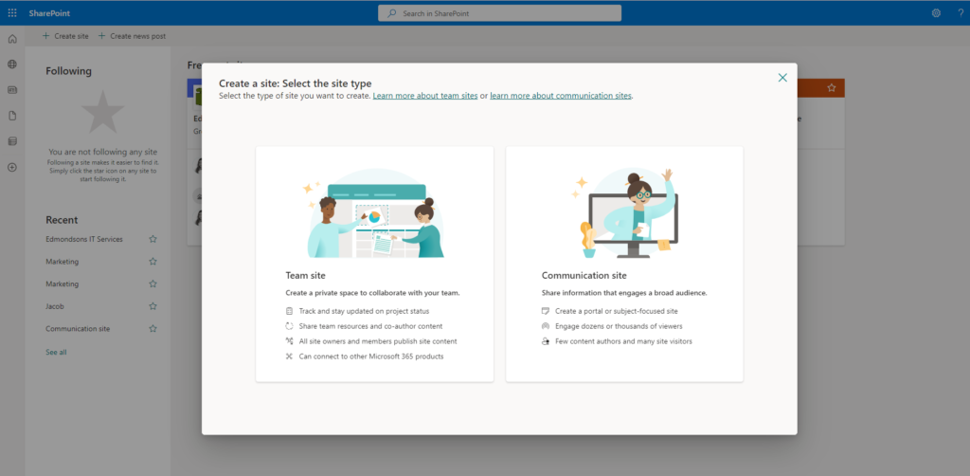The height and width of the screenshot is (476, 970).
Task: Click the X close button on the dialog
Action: coord(782,78)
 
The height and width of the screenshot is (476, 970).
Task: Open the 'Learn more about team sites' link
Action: coord(425,96)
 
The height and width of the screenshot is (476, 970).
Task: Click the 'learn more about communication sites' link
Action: coord(561,96)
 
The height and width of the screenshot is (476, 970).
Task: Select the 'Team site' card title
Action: coord(305,275)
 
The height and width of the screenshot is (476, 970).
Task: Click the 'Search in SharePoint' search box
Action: coord(500,13)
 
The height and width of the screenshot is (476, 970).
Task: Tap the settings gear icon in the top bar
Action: coord(936,13)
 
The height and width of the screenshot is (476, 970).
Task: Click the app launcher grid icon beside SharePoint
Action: coord(12,13)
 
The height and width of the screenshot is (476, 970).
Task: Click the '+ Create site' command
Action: coord(65,36)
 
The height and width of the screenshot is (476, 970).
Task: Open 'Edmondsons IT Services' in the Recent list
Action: coord(84,239)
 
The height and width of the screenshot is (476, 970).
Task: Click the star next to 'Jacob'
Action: coord(153,306)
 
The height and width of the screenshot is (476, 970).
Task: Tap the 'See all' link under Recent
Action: coord(56,352)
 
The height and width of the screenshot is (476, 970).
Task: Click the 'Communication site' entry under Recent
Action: coord(78,329)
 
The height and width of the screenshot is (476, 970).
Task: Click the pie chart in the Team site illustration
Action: coord(374,217)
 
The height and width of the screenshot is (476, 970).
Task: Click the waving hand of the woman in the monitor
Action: coord(668,175)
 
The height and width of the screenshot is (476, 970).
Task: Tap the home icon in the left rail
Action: coord(12,39)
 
